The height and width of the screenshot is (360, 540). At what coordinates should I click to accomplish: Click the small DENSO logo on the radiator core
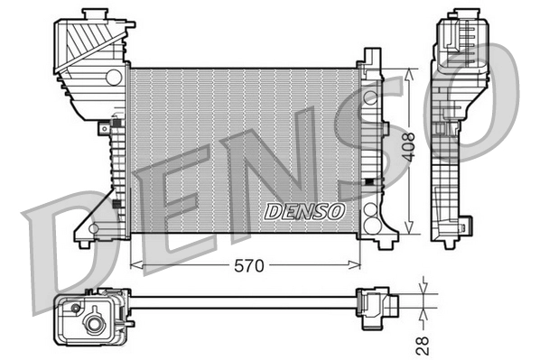click(304, 211)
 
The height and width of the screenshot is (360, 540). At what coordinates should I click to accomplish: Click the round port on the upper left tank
click(113, 78)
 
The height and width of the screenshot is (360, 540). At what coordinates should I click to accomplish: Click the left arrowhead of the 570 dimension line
click(135, 265)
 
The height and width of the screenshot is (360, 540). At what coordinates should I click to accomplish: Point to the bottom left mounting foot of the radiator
click(84, 242)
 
